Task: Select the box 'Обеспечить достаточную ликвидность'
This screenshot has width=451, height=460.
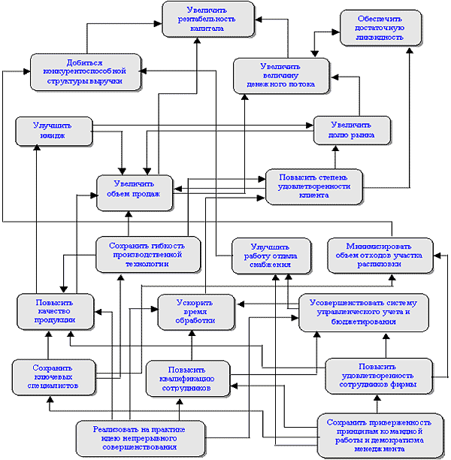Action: pyautogui.click(x=374, y=28)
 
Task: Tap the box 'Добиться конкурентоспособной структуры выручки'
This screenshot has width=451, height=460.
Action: pyautogui.click(x=85, y=71)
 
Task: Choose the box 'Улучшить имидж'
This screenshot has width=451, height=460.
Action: pyautogui.click(x=53, y=131)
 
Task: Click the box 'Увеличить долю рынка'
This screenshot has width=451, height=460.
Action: pyautogui.click(x=351, y=130)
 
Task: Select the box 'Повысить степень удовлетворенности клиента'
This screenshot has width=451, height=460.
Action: pyautogui.click(x=314, y=186)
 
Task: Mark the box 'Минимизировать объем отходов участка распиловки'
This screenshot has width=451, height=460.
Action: pyautogui.click(x=380, y=255)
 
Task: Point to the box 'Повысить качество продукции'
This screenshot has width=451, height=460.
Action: pyautogui.click(x=56, y=311)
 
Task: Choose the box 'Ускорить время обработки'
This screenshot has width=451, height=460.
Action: pyautogui.click(x=195, y=311)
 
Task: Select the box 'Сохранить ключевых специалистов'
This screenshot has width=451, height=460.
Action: pyautogui.click(x=51, y=376)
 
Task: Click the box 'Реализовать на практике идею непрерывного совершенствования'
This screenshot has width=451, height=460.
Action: pyautogui.click(x=141, y=438)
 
